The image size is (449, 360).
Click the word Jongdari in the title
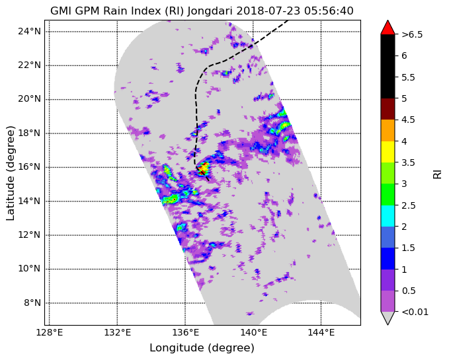point(210,11)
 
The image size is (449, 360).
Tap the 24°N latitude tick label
point(30,31)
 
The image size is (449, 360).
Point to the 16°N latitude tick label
point(30,166)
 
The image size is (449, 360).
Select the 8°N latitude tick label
point(32,303)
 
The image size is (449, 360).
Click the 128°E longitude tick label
point(50,333)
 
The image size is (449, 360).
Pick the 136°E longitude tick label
point(186,333)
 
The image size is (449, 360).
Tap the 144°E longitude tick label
point(321,333)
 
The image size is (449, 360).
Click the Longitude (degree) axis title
point(202,348)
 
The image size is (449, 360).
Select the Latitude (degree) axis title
point(11,172)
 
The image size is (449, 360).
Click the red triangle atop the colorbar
point(388,28)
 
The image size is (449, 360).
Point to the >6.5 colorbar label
point(412,34)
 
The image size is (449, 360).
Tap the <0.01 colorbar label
point(415,312)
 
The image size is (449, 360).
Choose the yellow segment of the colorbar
point(388,152)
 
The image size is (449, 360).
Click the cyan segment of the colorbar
point(388,216)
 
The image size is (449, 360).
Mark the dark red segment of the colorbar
point(388,109)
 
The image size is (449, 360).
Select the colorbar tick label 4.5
point(408,120)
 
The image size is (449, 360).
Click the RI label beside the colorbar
point(438,173)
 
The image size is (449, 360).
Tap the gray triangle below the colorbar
point(388,318)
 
